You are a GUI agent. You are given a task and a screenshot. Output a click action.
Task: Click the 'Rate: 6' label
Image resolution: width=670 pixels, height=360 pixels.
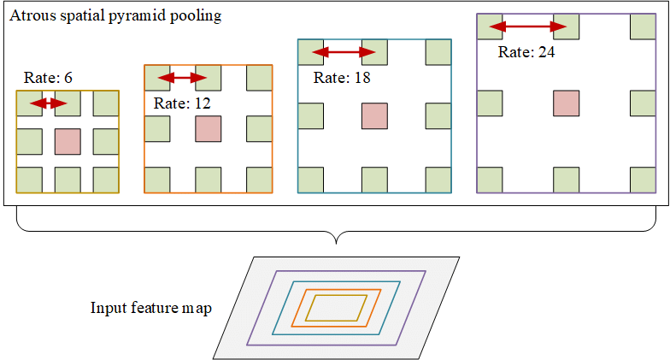[x=49, y=78]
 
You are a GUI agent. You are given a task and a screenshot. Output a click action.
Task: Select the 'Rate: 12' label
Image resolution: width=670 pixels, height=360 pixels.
[x=182, y=103]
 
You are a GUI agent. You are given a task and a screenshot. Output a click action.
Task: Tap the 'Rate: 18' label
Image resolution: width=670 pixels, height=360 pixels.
[x=343, y=78]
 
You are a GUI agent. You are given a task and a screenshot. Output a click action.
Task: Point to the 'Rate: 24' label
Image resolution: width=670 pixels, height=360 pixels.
[x=527, y=52]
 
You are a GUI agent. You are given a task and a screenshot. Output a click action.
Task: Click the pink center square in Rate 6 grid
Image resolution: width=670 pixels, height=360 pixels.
[x=68, y=141]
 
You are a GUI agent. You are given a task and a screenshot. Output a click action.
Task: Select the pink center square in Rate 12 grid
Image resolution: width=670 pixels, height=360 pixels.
[x=209, y=129]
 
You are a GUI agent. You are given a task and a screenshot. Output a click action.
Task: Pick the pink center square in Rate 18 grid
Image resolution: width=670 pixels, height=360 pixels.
[x=374, y=116]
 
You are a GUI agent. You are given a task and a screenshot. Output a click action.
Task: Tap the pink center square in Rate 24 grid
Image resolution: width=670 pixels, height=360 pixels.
[x=566, y=103]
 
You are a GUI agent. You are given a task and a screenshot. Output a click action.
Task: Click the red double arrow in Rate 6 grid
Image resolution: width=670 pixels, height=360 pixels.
[x=49, y=103]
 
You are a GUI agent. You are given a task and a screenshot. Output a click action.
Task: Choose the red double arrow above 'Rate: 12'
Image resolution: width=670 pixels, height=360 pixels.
[x=184, y=79]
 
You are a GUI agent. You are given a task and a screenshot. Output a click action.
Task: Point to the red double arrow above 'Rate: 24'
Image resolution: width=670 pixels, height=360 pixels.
[x=528, y=27]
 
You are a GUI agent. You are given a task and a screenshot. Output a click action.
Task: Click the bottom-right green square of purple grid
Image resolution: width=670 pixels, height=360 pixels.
[x=643, y=180]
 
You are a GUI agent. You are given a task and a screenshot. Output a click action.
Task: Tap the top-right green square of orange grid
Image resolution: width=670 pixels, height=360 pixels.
[x=259, y=78]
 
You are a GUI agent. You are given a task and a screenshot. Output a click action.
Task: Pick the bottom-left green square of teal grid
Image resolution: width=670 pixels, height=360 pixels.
[x=310, y=180]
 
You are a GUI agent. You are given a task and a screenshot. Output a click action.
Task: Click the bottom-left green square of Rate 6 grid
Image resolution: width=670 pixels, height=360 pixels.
[x=29, y=180]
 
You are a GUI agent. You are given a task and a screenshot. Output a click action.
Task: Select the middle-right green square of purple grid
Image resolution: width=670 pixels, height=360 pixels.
[x=643, y=103]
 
